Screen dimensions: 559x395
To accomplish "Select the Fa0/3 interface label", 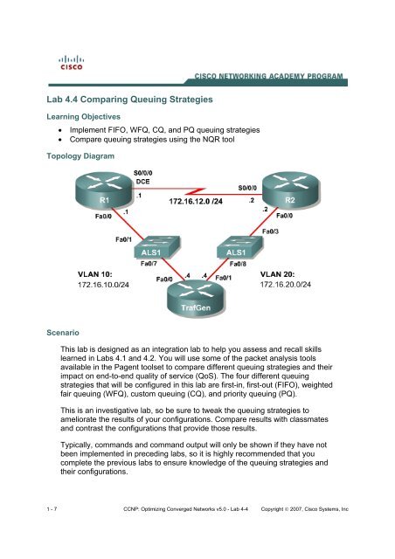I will pyautogui.click(x=271, y=231).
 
